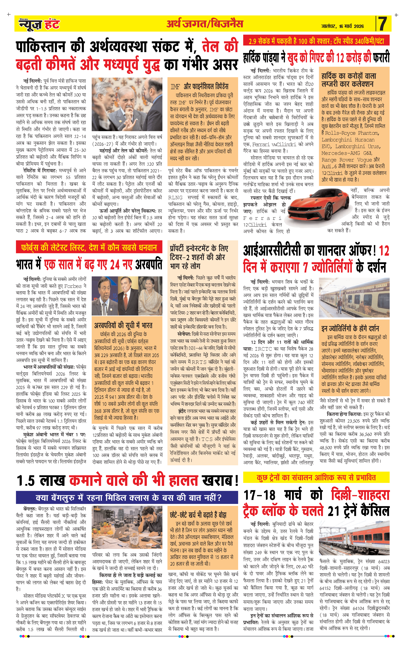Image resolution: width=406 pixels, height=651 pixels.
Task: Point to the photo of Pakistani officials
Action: pyautogui.click(x=127, y=104)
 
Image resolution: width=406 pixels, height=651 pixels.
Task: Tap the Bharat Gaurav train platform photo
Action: pyautogui.click(x=354, y=298)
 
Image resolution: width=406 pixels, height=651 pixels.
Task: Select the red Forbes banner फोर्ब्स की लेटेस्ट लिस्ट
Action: pyautogui.click(x=89, y=247)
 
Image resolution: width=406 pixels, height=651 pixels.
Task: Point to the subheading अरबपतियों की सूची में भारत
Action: pyautogui.click(x=123, y=325)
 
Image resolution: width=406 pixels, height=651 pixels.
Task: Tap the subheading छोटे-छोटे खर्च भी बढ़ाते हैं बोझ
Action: pyautogui.click(x=198, y=515)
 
